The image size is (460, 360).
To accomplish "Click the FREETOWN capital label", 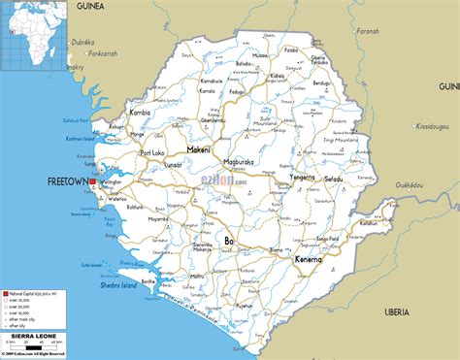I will coord(67,180).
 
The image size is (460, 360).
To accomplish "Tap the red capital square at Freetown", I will coord(92,181).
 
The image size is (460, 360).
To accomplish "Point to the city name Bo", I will coord(229,239).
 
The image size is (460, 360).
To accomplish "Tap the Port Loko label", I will coord(152,152).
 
